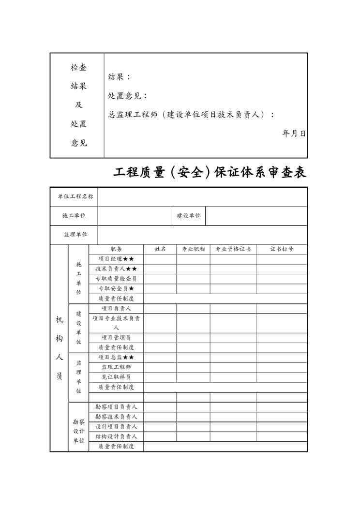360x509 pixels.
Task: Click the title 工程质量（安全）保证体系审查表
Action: pyautogui.click(x=210, y=173)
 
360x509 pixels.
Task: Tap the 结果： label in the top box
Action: pyautogui.click(x=119, y=77)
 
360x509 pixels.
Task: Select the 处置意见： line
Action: pyautogui.click(x=128, y=96)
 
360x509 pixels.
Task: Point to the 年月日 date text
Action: pyautogui.click(x=294, y=134)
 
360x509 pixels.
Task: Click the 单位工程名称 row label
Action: pyautogui.click(x=75, y=196)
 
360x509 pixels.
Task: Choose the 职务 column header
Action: pyautogui.click(x=116, y=249)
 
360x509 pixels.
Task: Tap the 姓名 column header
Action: pyautogui.click(x=160, y=249)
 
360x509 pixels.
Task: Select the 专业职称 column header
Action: pyautogui.click(x=193, y=249)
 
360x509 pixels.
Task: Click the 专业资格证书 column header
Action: pyautogui.click(x=233, y=249)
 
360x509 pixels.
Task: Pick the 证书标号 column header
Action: pyautogui.click(x=281, y=249)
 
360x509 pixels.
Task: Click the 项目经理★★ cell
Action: pyautogui.click(x=116, y=259)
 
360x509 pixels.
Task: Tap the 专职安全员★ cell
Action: pyautogui.click(x=116, y=289)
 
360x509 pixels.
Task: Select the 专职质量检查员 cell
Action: pyautogui.click(x=116, y=279)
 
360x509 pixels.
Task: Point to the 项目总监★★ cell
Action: pyautogui.click(x=116, y=357)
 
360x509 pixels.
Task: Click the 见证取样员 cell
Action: pyautogui.click(x=116, y=377)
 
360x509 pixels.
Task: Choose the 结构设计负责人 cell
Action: pyautogui.click(x=116, y=436)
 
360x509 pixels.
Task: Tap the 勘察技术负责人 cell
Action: pyautogui.click(x=116, y=417)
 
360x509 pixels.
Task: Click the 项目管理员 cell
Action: pyautogui.click(x=116, y=338)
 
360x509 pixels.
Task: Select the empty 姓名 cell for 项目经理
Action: pyautogui.click(x=160, y=259)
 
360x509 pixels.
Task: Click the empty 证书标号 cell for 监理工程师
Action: pyautogui.click(x=281, y=367)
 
